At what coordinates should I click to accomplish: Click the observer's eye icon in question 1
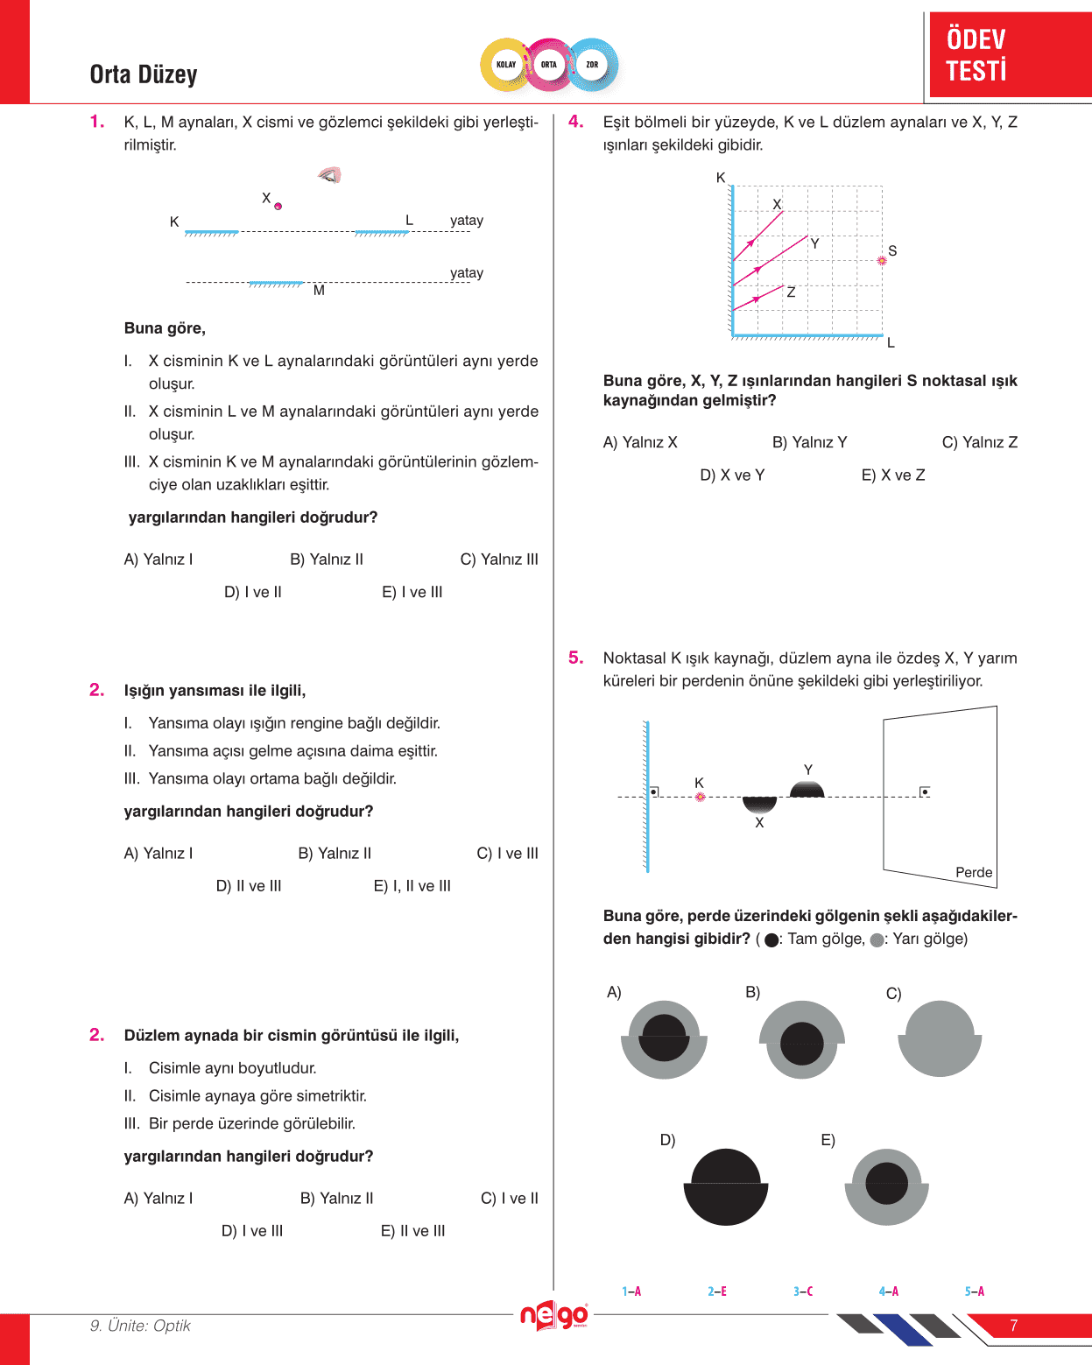[x=330, y=175]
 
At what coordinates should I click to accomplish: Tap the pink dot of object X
[x=278, y=207]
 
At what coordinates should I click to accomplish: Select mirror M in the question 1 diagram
[x=276, y=284]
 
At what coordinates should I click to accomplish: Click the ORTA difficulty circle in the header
[x=549, y=65]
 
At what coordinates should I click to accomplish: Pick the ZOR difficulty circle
[x=593, y=65]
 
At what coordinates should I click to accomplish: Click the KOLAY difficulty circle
[x=506, y=65]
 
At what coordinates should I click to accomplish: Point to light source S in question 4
[x=882, y=260]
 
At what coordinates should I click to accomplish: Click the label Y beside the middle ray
[x=814, y=244]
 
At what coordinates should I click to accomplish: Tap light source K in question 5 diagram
[x=700, y=797]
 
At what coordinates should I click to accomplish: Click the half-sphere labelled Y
[x=807, y=790]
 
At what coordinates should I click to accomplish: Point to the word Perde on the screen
[x=974, y=873]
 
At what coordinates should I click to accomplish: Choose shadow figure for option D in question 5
[x=726, y=1186]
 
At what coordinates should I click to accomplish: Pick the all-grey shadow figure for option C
[x=940, y=1038]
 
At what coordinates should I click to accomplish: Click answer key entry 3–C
[x=803, y=1291]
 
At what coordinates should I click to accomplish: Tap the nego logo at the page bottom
[x=554, y=1315]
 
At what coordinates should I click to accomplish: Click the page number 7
[x=1014, y=1326]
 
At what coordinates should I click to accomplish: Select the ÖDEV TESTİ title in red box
[x=976, y=54]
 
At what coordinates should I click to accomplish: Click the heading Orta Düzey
[x=144, y=74]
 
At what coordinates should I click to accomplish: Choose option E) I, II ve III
[x=412, y=886]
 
